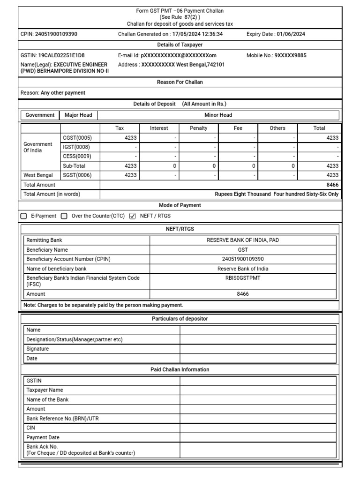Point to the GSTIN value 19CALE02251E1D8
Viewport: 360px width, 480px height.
tap(61, 55)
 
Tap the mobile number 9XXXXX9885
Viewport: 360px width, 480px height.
tap(290, 55)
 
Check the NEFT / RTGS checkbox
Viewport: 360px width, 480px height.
tap(132, 216)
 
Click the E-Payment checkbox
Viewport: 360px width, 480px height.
tap(24, 216)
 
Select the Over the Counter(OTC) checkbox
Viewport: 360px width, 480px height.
tap(64, 216)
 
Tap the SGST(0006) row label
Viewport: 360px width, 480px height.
tap(77, 175)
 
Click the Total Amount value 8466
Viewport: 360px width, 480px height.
tap(332, 185)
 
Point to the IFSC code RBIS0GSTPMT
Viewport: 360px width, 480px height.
tap(243, 278)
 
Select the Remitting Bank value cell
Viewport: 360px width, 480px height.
tap(243, 240)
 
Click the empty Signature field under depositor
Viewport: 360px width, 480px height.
tap(258, 349)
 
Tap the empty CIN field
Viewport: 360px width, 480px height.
tap(258, 428)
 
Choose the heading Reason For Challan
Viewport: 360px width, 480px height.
tap(180, 82)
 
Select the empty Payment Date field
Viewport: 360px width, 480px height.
tap(258, 437)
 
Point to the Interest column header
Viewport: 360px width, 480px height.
tap(159, 128)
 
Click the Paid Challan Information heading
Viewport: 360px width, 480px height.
tap(180, 370)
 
